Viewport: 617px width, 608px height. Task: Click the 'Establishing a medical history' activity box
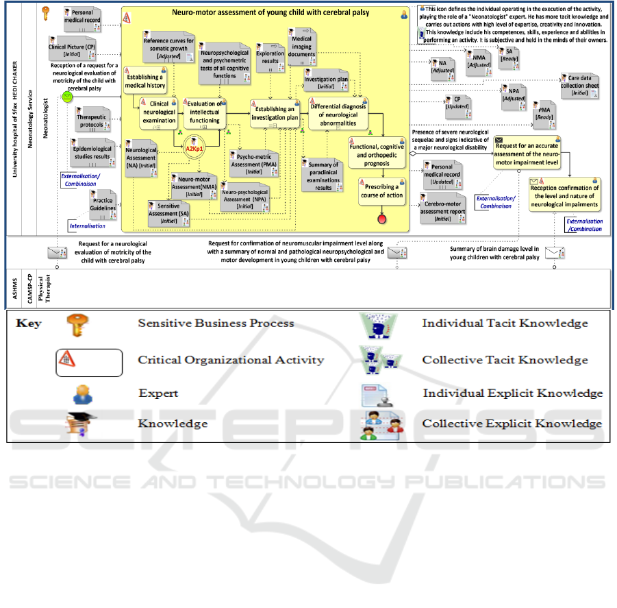(x=144, y=82)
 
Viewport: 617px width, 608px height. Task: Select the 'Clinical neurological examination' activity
(x=159, y=112)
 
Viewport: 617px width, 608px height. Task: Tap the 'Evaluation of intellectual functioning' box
(x=205, y=112)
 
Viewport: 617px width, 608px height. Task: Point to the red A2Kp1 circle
(x=196, y=147)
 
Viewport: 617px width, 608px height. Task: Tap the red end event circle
(x=381, y=219)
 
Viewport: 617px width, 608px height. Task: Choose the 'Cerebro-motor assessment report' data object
(x=444, y=207)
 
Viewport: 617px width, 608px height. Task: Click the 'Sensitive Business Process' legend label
(x=216, y=323)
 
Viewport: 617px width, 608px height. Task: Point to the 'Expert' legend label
(x=158, y=393)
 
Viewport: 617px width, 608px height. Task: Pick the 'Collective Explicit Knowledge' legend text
(x=512, y=424)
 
